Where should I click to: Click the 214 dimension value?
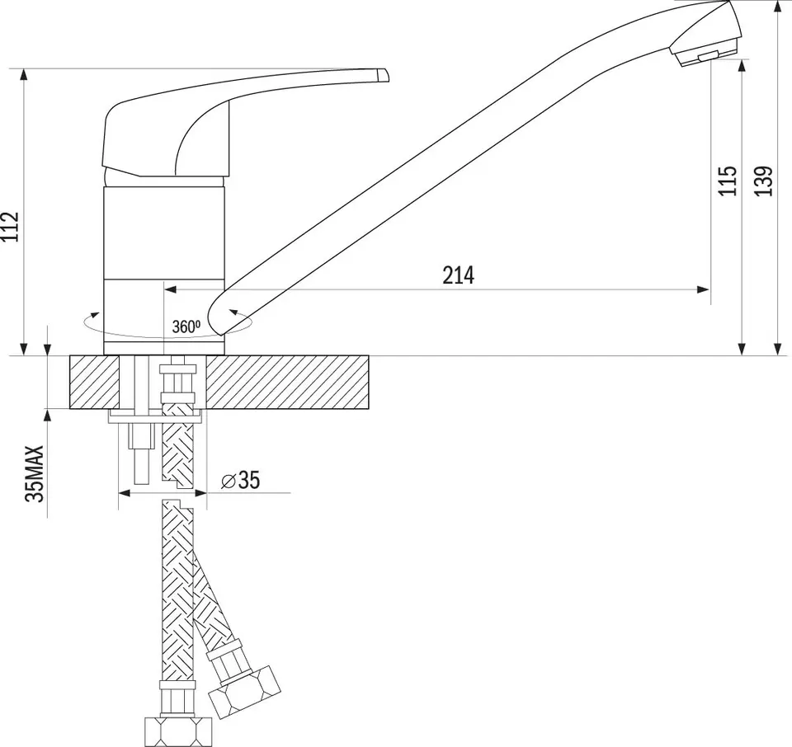point(459,275)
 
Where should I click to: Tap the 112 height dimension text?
point(10,227)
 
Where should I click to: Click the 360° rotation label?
point(186,327)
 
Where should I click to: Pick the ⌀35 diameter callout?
point(240,480)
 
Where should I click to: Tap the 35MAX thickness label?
point(35,473)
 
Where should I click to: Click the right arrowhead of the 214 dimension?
point(704,289)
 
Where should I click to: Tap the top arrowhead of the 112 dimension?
point(24,75)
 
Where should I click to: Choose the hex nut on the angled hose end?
point(244,693)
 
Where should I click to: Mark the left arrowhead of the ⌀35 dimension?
point(125,493)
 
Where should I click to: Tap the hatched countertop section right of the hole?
point(287,382)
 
